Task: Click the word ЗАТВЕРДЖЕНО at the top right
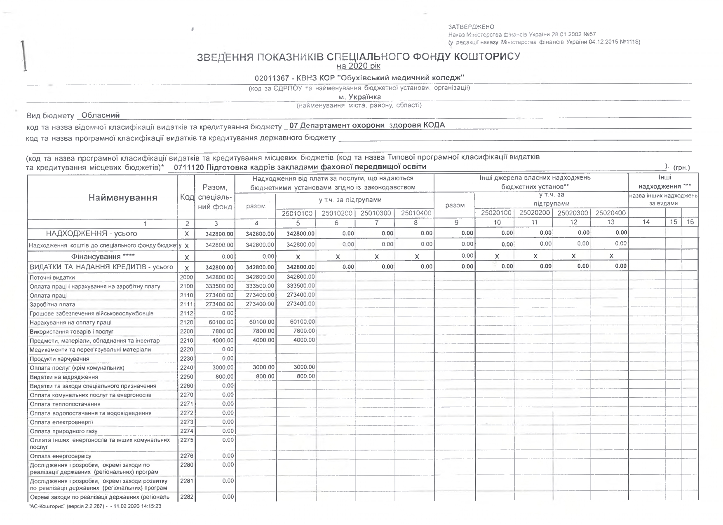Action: pyautogui.click(x=471, y=27)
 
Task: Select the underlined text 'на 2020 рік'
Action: pyautogui.click(x=358, y=66)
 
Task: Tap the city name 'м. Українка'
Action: pyautogui.click(x=359, y=97)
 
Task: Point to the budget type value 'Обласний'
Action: pyautogui.click(x=101, y=115)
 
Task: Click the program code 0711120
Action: pyautogui.click(x=188, y=167)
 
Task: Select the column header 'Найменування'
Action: pyautogui.click(x=123, y=198)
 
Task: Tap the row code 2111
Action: pyautogui.click(x=187, y=304)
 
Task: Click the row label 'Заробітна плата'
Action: pyautogui.click(x=52, y=305)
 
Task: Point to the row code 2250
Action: pyautogui.click(x=187, y=377)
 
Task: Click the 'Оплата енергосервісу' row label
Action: pyautogui.click(x=61, y=456)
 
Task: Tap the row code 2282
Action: pyautogui.click(x=187, y=497)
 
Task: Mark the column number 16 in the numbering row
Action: pyautogui.click(x=690, y=222)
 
